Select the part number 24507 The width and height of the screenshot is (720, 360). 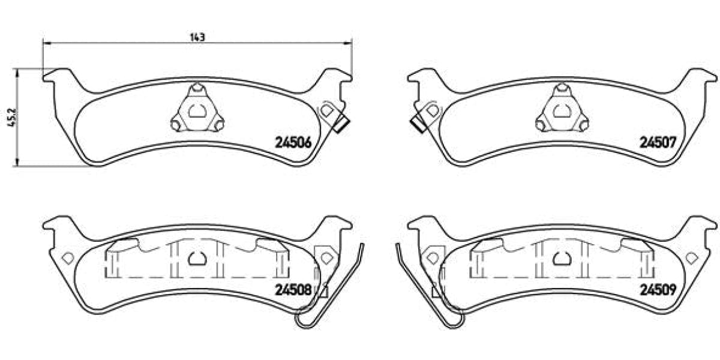[x=658, y=143]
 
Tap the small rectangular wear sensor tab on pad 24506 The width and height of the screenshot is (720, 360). [x=342, y=125]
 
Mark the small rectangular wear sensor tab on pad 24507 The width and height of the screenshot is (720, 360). [x=418, y=124]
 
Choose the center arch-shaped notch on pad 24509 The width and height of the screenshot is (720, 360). [x=562, y=258]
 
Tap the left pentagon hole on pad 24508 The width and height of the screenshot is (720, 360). [x=67, y=257]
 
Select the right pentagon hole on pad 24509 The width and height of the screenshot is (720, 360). [x=692, y=257]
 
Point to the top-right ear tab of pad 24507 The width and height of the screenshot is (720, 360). [x=703, y=76]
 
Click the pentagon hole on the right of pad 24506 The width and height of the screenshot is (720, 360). [x=327, y=110]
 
